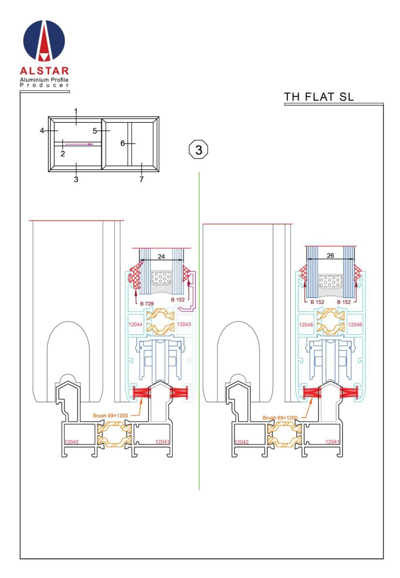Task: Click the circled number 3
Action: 198,149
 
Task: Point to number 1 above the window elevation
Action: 76,111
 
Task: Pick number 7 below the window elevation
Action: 141,179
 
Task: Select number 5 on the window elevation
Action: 95,131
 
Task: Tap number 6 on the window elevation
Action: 123,143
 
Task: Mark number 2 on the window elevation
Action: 62,153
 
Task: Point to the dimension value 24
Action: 162,257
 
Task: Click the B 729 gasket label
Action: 146,303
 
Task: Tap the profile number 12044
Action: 135,325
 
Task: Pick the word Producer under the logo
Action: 45,85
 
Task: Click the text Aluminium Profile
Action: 45,79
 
